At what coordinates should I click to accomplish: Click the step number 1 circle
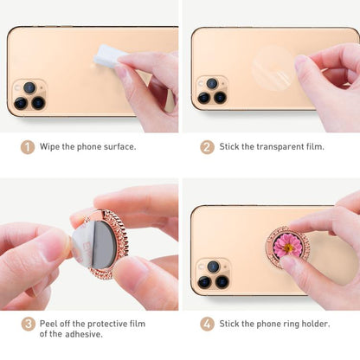[28, 146]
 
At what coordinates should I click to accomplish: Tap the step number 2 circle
[207, 146]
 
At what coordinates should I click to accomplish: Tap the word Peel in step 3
[50, 324]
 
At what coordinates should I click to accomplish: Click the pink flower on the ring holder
[287, 245]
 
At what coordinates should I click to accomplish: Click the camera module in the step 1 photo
[29, 95]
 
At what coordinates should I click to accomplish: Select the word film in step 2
[312, 146]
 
